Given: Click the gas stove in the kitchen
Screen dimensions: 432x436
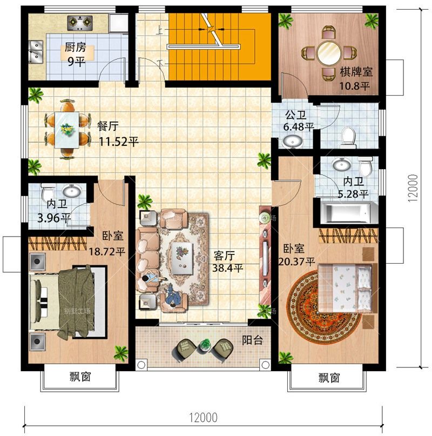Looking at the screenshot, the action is pos(80,23).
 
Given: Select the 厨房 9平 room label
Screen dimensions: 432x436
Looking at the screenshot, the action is pos(76,54).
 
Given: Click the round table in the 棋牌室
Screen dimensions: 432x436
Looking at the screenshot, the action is pos(329,52).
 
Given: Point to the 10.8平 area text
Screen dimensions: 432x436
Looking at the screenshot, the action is pos(354,86).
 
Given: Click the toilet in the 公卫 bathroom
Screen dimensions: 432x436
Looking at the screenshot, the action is pos(349,137).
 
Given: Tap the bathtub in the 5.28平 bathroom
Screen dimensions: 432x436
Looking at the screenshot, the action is pos(348,213).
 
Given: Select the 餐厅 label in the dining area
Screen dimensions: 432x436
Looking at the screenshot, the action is pos(107,126).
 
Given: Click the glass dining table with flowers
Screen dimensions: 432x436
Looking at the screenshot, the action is pos(67,130).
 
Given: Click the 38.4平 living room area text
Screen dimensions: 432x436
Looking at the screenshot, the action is pos(228,269).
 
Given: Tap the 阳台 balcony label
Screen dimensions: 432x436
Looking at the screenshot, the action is pos(252,340).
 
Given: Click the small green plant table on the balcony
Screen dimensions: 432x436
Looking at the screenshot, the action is pos(205,345).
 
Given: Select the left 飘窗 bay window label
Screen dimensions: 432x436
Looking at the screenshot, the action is pos(80,377).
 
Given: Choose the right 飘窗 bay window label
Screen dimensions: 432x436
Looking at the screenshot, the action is pos(329,378).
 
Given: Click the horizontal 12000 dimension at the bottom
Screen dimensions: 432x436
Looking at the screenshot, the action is pos(203,418).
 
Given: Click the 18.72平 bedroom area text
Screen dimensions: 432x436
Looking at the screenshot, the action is pos(107,252).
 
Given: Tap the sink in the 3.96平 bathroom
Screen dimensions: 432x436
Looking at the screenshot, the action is pos(72,191).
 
